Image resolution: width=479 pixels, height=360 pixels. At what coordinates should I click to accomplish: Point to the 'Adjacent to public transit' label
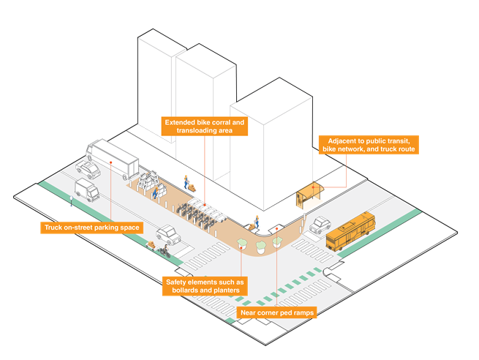tap(369, 144)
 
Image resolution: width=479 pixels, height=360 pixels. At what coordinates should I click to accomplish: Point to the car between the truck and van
tap(88, 171)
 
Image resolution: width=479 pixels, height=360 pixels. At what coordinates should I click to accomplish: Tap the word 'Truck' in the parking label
tap(54, 228)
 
